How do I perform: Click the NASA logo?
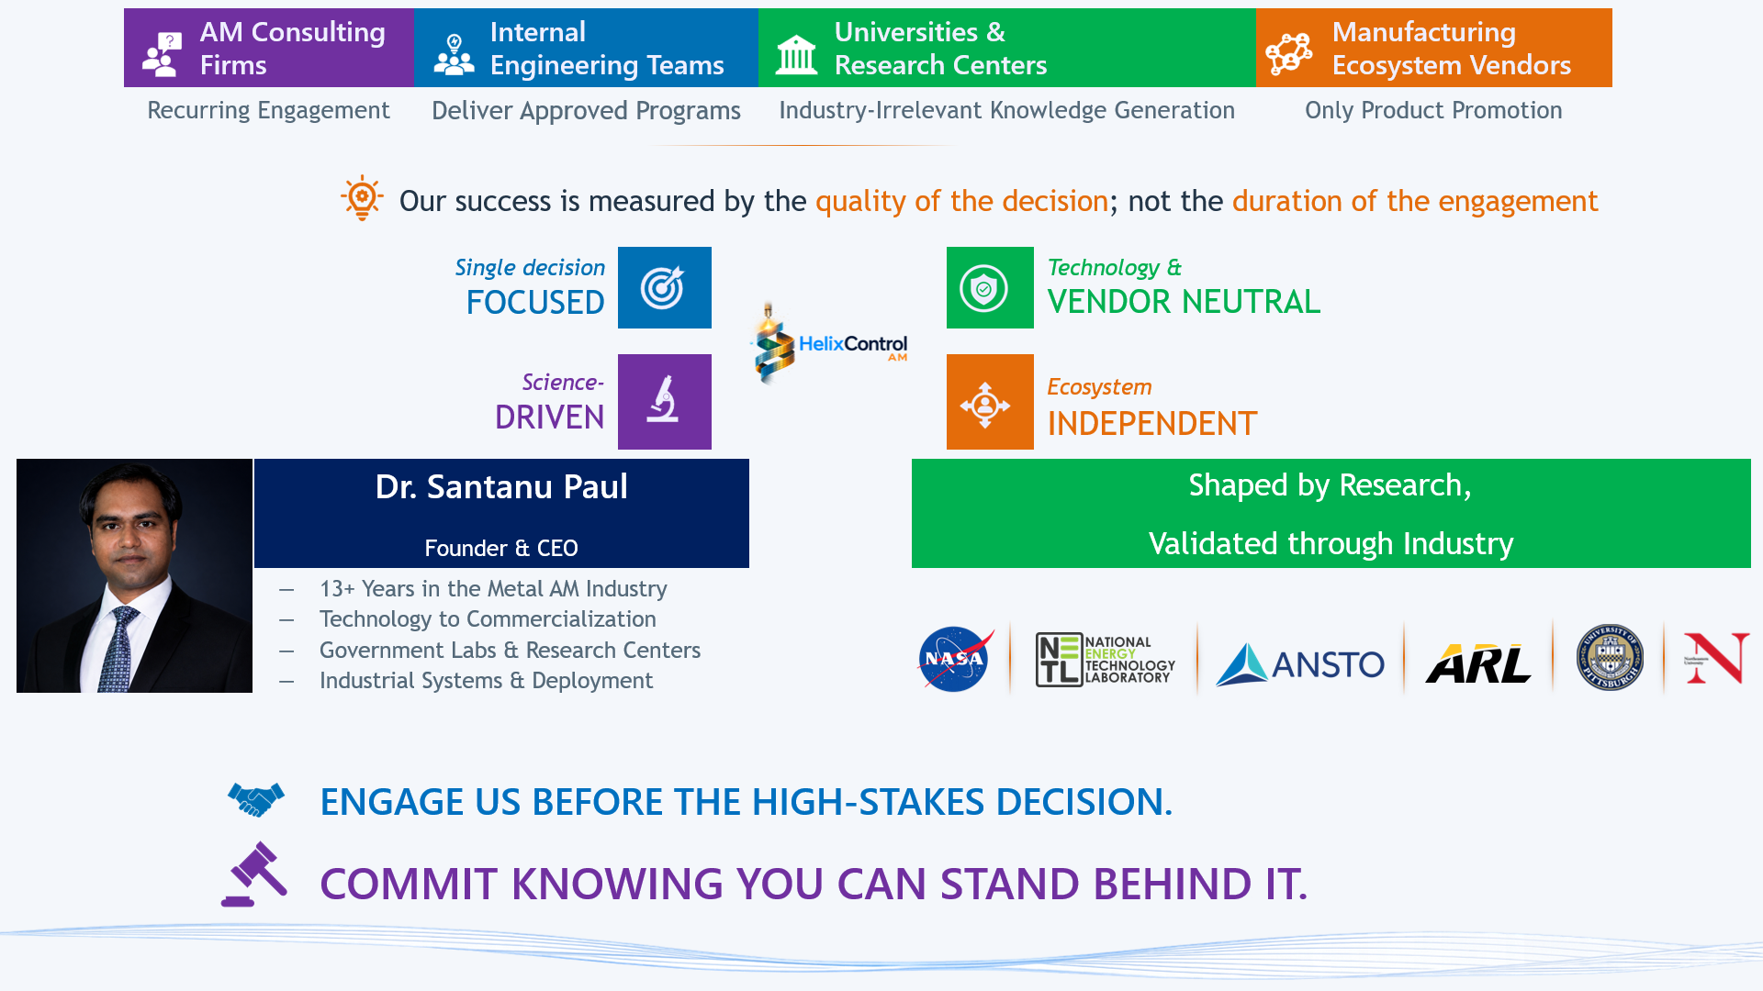coord(955,658)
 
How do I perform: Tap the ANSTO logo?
coord(1300,663)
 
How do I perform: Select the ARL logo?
coord(1478,663)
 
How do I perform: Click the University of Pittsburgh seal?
coord(1610,657)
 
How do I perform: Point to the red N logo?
coord(1716,657)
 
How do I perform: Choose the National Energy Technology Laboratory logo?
coord(1105,660)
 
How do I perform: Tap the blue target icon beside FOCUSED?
coord(664,288)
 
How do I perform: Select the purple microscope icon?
coord(664,402)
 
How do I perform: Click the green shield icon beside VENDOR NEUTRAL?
coord(990,288)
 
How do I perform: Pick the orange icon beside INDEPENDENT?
coord(990,402)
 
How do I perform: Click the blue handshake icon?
coord(256,799)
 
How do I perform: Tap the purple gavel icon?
coord(254,874)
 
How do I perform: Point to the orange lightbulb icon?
coord(363,197)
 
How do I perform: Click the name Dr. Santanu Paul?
coord(501,486)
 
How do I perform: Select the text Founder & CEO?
coord(501,548)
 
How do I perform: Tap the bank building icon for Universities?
coord(796,54)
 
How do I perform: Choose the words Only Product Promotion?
coord(1433,110)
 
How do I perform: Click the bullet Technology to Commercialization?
coord(488,619)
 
